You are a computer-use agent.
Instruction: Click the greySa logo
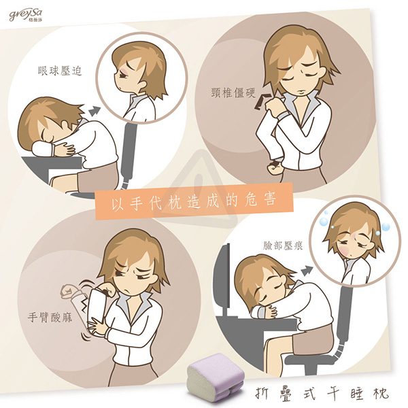click(26, 16)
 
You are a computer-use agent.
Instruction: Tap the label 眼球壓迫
click(60, 71)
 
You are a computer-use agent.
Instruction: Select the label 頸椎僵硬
click(233, 92)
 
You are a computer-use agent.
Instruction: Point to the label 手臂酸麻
click(50, 317)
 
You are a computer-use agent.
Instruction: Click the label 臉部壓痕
click(283, 245)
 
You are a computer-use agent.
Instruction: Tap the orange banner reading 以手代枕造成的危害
click(194, 201)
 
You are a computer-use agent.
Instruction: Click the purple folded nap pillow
click(216, 375)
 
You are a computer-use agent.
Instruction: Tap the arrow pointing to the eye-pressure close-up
click(95, 112)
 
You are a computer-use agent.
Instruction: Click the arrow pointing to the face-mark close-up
click(307, 271)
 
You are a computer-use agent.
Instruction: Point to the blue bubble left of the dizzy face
click(324, 222)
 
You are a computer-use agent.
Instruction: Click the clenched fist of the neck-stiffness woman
click(274, 166)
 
